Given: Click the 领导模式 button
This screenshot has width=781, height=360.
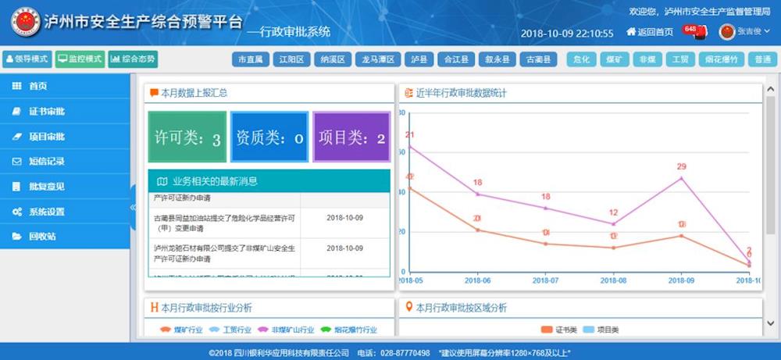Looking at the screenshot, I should click(x=27, y=59).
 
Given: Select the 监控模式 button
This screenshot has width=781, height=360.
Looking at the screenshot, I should click(x=80, y=59).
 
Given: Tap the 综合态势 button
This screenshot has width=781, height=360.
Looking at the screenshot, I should click(x=133, y=59).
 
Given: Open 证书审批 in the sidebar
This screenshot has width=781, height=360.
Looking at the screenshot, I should click(x=47, y=112).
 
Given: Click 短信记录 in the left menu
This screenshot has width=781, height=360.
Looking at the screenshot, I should click(x=47, y=162).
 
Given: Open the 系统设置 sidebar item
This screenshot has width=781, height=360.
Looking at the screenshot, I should click(x=47, y=212).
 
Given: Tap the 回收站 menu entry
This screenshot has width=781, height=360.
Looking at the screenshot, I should click(x=42, y=237).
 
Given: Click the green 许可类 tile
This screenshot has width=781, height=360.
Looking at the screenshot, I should click(x=187, y=137).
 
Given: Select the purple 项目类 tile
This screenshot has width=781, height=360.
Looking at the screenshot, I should click(x=351, y=137).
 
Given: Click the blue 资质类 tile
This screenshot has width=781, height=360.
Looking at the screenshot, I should click(x=269, y=137).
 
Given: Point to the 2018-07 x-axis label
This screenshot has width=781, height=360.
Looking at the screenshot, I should click(x=545, y=279).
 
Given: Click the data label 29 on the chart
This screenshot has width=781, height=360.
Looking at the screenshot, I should click(x=681, y=166).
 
